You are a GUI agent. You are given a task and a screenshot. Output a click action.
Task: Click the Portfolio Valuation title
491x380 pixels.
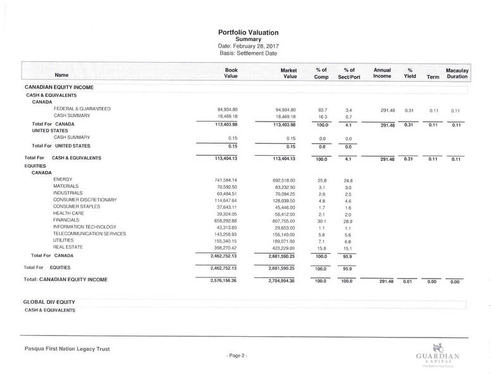248,32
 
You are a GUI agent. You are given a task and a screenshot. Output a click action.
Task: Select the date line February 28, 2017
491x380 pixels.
248,46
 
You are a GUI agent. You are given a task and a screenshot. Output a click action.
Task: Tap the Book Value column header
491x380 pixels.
231,73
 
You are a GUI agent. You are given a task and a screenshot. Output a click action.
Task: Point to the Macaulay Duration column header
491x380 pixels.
456,73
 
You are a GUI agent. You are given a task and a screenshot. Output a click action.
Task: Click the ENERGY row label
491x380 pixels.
64,180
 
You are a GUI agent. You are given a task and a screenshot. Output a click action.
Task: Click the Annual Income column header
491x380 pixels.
382,73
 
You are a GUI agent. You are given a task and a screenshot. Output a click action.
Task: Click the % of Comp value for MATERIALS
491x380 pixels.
321,187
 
